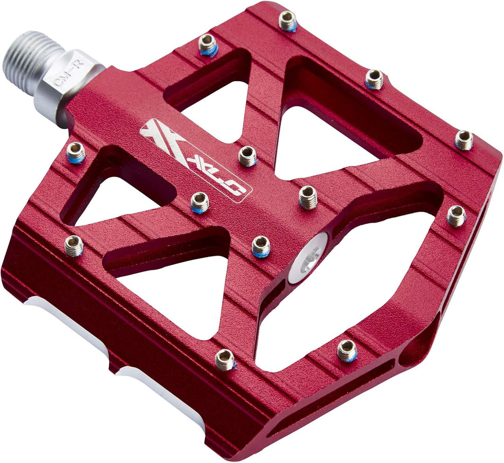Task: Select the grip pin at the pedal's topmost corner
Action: coord(287,21)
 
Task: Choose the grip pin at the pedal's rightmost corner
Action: coord(464,140)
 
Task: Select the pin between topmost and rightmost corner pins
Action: coord(374,79)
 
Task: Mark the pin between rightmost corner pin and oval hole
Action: coord(456,215)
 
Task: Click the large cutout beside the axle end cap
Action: coord(355,299)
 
